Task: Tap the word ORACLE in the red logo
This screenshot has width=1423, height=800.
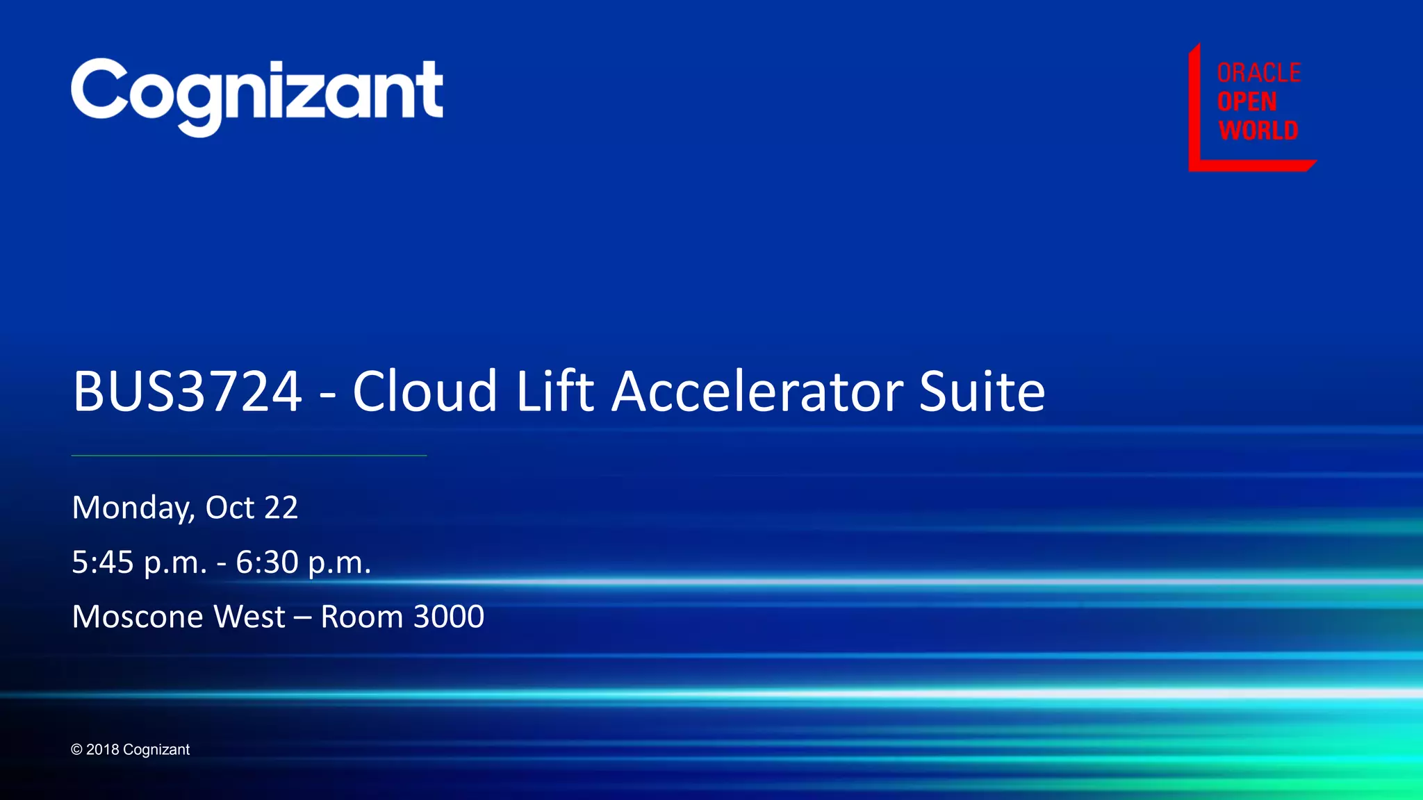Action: point(1258,73)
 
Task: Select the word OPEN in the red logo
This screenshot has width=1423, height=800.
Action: point(1247,102)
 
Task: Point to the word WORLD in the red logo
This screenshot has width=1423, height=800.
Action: point(1258,131)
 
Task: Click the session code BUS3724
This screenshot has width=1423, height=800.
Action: point(187,391)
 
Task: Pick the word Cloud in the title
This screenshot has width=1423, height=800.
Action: point(425,391)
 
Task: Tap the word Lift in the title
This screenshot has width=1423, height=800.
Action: point(554,391)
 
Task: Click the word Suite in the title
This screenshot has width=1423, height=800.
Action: point(982,391)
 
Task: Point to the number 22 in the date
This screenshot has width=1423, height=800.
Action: point(281,508)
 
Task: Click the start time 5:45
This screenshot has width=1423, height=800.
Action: point(103,562)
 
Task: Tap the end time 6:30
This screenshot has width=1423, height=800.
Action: point(267,562)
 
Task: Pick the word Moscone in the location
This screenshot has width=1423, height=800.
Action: point(138,617)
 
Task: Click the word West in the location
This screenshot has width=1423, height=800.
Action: point(249,617)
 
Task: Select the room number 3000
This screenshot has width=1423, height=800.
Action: point(449,617)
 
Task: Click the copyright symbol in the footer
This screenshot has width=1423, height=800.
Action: point(76,750)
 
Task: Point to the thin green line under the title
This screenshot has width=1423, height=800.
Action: point(249,456)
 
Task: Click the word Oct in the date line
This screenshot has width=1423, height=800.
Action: point(230,508)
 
